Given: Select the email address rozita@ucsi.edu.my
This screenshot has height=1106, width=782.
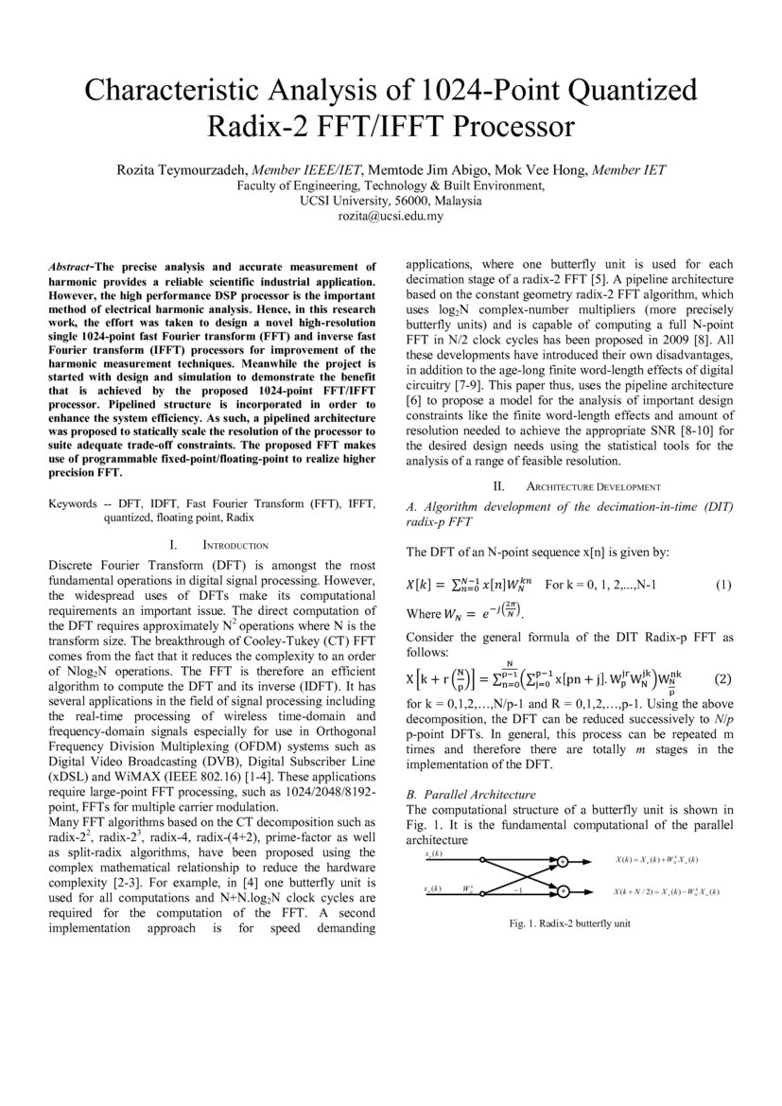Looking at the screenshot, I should click(391, 217).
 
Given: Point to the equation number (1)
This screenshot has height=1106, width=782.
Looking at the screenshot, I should click(723, 585).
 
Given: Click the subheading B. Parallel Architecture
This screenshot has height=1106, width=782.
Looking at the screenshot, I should click(471, 794).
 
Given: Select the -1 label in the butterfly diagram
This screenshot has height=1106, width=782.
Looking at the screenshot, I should click(517, 891).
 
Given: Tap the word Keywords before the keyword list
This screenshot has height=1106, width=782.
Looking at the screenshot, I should click(73, 504).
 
